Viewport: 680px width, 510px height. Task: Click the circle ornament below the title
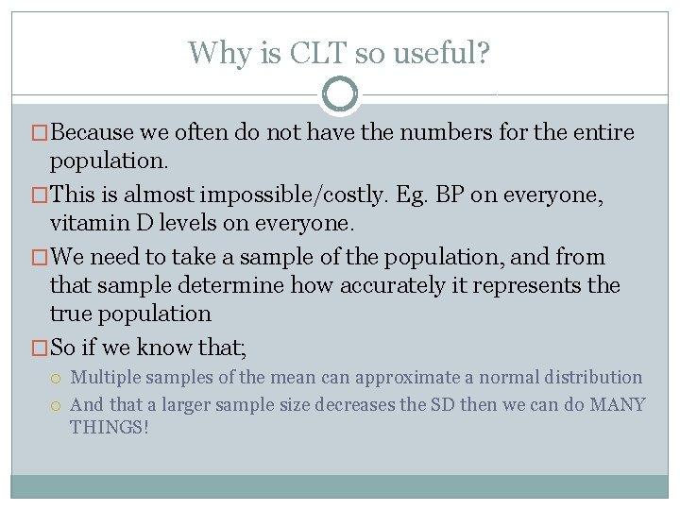[x=340, y=94]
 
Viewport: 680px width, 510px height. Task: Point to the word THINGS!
[x=110, y=428]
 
